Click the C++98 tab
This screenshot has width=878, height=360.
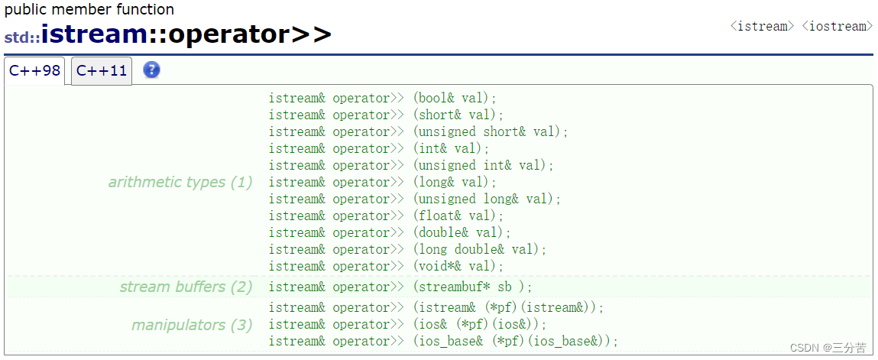pos(34,71)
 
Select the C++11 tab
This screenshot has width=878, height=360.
pos(102,71)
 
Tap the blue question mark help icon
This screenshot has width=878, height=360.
pos(152,70)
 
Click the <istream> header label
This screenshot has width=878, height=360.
pos(762,26)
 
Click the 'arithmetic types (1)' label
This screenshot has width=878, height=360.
pos(180,183)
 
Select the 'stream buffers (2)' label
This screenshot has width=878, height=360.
pos(186,287)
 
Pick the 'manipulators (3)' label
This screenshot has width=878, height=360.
pos(192,326)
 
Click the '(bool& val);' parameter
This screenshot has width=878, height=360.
pos(455,99)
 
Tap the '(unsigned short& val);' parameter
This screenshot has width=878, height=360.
pos(491,132)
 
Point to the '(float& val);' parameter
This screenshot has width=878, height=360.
pos(458,216)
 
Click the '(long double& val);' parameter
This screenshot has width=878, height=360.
pos(480,250)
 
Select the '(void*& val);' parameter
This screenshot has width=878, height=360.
pos(458,267)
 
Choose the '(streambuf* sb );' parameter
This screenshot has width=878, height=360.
pos(472,287)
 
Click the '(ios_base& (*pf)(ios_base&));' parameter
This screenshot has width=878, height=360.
pos(516,342)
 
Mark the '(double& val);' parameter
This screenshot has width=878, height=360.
pos(462,233)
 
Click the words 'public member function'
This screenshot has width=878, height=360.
pos(89,9)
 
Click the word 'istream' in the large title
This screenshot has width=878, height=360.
pos(93,34)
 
